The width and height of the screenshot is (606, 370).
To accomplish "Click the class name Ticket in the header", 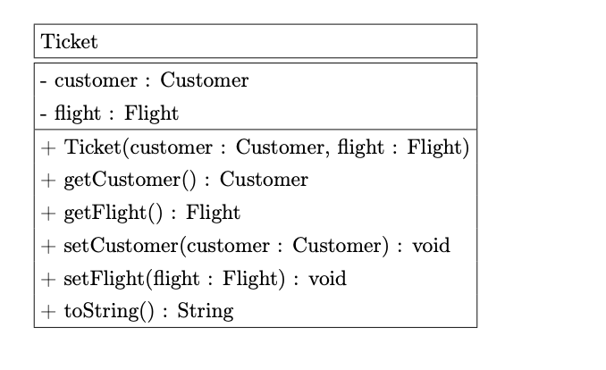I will (69, 42).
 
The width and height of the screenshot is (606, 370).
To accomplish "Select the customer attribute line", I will (144, 80).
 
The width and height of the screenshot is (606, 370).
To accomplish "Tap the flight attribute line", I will (109, 114).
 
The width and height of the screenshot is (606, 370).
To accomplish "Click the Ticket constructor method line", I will (255, 147).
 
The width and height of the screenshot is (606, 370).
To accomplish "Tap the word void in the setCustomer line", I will (431, 246).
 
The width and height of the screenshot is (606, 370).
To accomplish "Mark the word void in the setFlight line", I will (327, 279).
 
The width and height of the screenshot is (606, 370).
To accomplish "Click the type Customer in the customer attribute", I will (204, 80).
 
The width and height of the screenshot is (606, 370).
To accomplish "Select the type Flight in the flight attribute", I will (151, 114).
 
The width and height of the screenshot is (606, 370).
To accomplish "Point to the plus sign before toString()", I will (47, 312).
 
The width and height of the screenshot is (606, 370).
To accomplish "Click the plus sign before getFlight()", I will (47, 214).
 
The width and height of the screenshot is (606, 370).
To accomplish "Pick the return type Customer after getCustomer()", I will (264, 180).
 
